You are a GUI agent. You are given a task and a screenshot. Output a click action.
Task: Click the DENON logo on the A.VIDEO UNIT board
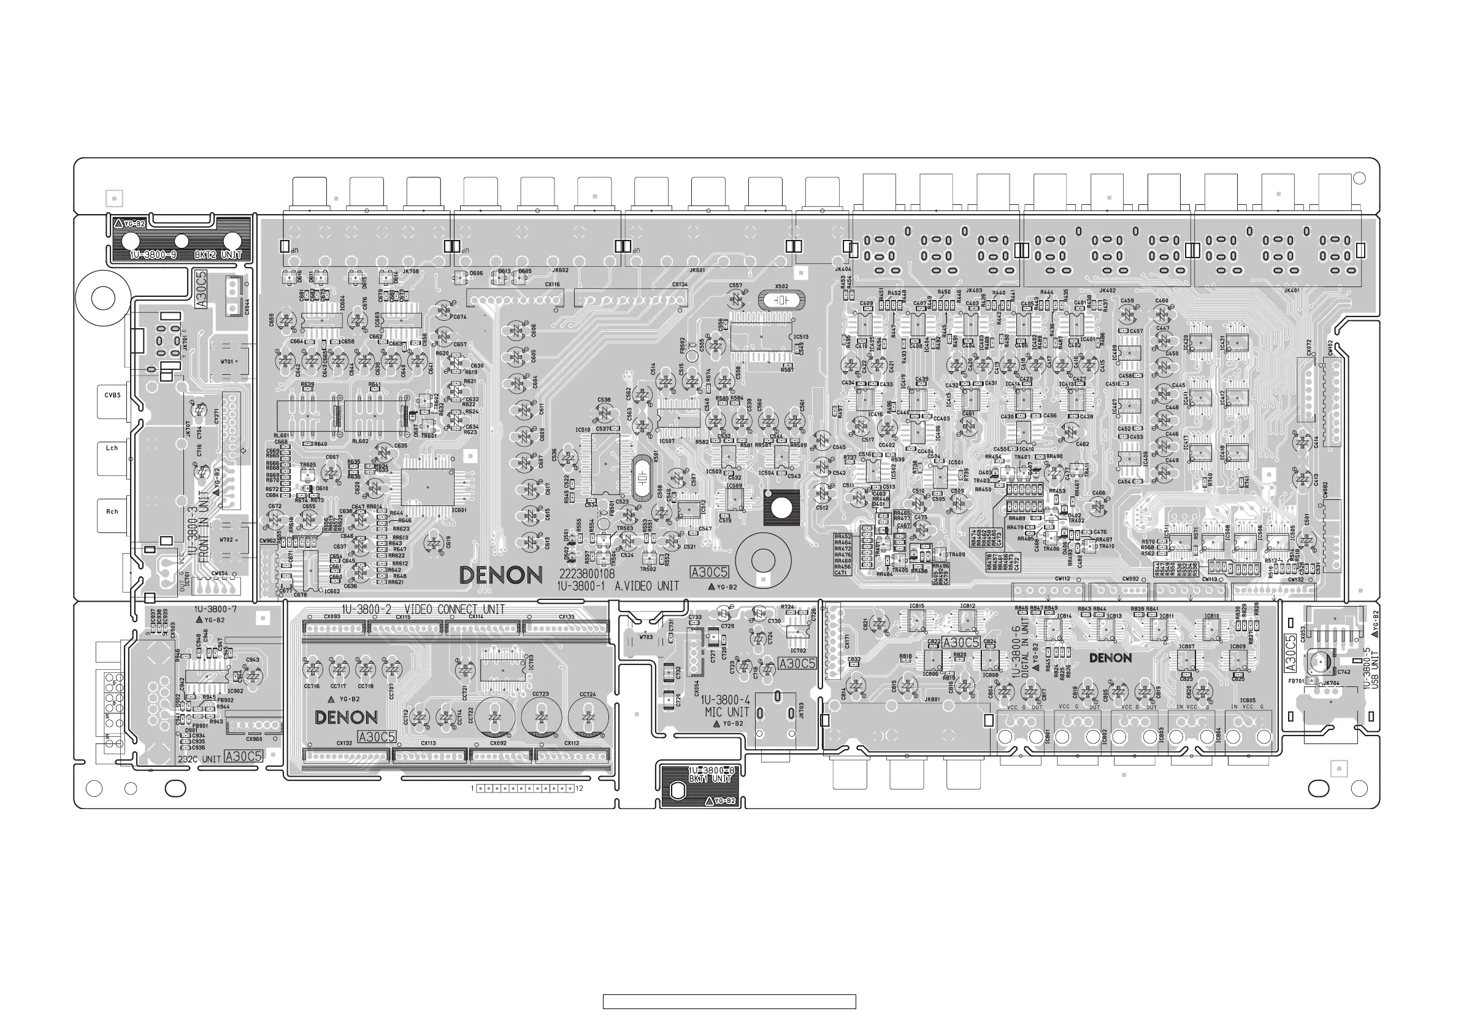(500, 575)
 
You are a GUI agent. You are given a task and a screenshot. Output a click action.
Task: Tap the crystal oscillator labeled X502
(781, 299)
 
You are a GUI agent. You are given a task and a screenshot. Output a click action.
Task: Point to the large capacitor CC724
(588, 717)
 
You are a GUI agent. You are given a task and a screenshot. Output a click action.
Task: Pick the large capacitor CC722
(494, 717)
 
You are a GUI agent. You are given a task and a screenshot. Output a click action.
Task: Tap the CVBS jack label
(112, 395)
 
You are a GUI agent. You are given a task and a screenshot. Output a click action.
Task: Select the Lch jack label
(112, 448)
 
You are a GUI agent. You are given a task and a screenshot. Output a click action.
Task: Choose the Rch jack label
(112, 512)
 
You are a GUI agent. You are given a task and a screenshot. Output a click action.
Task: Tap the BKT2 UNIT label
(218, 255)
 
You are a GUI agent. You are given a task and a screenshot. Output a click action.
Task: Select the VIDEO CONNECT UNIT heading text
(454, 610)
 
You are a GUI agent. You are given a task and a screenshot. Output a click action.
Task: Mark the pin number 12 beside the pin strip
(580, 789)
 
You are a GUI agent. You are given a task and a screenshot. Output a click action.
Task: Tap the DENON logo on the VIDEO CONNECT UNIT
(346, 718)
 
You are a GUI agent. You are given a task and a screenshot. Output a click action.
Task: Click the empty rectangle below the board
(729, 1002)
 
